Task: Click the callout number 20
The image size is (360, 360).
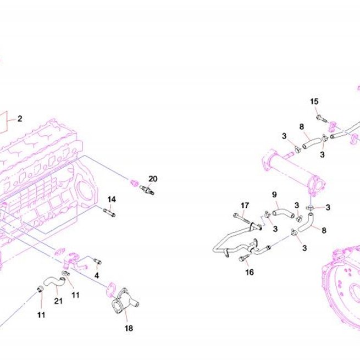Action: point(153,179)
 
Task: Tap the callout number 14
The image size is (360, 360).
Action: point(112,200)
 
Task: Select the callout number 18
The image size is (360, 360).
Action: point(129,328)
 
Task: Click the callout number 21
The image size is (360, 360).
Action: point(58,301)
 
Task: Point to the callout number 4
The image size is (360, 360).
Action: point(97,275)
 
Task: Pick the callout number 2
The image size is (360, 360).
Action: point(20,119)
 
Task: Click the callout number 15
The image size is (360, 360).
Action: point(314,102)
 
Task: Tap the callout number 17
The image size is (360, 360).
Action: point(245,205)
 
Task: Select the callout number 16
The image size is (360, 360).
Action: point(250,272)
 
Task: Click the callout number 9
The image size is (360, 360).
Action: point(274,195)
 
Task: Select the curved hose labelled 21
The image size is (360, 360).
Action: point(54,282)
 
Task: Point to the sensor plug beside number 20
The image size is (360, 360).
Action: point(147,190)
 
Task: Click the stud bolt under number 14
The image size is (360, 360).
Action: point(109,213)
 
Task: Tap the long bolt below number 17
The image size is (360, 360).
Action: point(241,218)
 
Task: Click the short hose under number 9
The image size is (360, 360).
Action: point(283,214)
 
